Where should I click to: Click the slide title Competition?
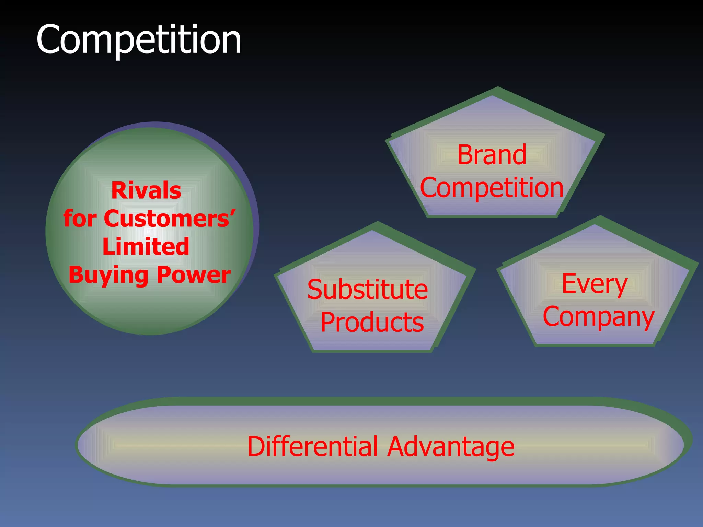[x=139, y=40]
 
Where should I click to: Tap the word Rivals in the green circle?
[x=146, y=190]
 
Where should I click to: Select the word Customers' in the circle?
[x=170, y=219]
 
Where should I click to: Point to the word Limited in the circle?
[x=146, y=246]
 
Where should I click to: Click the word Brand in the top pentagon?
[x=492, y=155]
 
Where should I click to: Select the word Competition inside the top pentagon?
[x=492, y=188]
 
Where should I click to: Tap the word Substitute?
[x=367, y=290]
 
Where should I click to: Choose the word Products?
[x=372, y=323]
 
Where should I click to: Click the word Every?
[x=595, y=284]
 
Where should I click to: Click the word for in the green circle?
[x=80, y=219]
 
